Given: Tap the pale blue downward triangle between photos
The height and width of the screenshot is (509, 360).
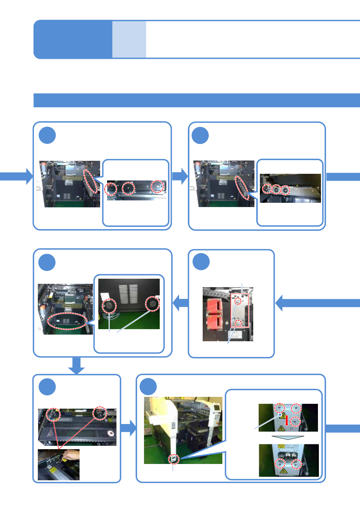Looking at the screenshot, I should [288, 438].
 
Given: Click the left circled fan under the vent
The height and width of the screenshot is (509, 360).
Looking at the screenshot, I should [109, 306].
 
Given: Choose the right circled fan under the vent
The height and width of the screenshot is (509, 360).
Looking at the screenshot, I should [152, 304].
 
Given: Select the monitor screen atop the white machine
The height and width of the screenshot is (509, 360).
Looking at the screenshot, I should [217, 408].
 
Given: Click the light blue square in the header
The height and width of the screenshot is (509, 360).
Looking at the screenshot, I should [129, 39].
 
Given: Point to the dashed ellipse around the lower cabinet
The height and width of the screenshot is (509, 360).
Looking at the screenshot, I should [67, 321].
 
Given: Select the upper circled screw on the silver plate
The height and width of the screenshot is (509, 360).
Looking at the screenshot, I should [238, 301].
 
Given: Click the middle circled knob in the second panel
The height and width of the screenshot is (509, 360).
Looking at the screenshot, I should [276, 189].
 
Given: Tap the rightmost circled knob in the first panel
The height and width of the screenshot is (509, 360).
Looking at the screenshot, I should [157, 186].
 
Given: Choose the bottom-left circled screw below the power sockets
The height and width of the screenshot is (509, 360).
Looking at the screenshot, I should [280, 463].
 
